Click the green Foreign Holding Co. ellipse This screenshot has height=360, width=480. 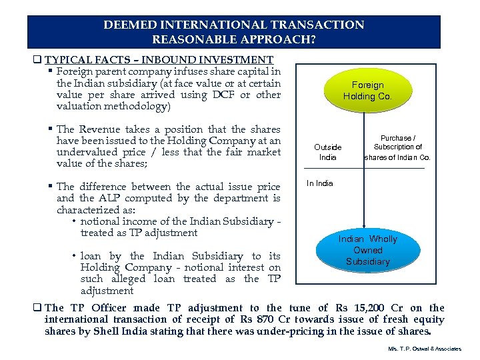click(368, 91)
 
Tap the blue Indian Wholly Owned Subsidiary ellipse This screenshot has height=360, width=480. click(368, 250)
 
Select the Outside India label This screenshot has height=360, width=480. click(328, 152)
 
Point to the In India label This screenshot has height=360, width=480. click(319, 183)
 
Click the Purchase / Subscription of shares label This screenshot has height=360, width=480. click(397, 147)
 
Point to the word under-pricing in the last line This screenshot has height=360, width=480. click(305, 331)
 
